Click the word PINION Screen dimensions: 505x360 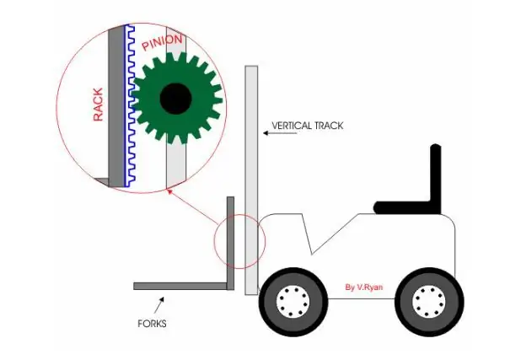coord(163,42)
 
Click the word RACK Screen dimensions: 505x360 coord(98,105)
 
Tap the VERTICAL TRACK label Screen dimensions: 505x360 coord(308,126)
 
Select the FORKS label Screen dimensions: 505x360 coord(152,324)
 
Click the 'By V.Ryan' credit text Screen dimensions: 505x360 coord(364,287)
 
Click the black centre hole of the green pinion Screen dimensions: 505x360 coord(176,99)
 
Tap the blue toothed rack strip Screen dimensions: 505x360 coord(130,105)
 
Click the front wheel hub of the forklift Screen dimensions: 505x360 coord(293,301)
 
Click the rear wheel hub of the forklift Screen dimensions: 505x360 coord(429,301)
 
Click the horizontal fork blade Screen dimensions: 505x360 coord(180,286)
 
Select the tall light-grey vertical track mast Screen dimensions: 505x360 coord(251,180)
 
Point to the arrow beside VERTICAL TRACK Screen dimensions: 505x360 coord(280,133)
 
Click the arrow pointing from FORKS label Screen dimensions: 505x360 coord(159,305)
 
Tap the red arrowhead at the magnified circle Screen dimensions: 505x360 coord(169,191)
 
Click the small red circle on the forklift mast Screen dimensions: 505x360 coord(239,214)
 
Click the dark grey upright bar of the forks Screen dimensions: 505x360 coord(231,243)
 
